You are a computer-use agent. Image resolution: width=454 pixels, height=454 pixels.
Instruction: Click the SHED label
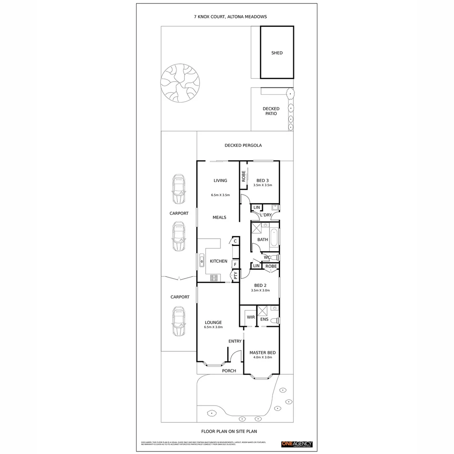277,53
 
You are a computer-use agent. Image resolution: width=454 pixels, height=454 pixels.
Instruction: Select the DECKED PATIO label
271,111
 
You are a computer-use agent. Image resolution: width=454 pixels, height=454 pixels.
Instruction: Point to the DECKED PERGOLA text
243,145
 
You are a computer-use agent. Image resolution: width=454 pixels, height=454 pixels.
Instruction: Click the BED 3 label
263,180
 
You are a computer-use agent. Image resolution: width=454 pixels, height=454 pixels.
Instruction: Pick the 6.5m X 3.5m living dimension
220,195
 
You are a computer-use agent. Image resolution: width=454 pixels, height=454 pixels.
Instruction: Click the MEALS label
219,217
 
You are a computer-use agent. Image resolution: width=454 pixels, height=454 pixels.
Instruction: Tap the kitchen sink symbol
201,261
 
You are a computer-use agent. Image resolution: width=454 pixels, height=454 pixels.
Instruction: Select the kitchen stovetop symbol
214,277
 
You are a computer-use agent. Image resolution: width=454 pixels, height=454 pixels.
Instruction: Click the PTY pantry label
235,276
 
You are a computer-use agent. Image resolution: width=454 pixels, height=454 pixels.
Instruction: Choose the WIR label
251,317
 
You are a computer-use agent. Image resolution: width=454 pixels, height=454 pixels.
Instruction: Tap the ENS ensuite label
264,319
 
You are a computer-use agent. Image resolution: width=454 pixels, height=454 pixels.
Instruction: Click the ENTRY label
235,341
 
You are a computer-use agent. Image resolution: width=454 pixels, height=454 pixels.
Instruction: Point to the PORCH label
229,371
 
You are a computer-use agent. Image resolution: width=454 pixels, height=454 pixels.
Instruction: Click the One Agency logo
296,444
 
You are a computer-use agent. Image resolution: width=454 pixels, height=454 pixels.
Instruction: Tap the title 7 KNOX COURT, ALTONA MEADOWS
230,17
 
